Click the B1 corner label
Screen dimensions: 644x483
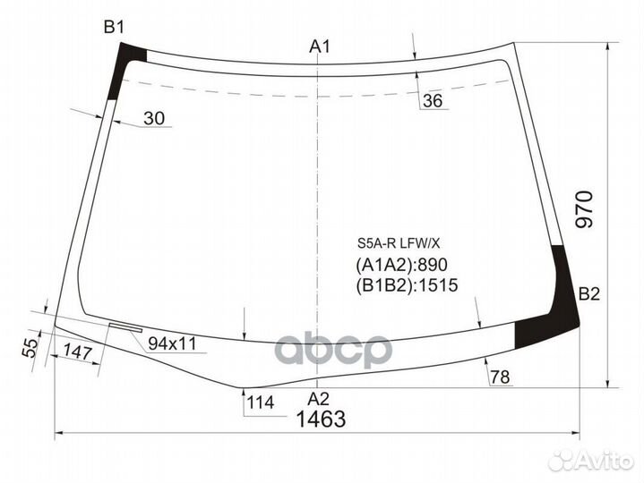[x=114, y=28]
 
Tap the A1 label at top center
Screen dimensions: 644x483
[x=320, y=47]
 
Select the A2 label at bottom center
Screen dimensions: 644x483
[x=319, y=399]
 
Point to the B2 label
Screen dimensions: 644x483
[x=589, y=294]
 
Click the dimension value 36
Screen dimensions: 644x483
[x=433, y=100]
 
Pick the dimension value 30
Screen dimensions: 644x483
[x=154, y=118]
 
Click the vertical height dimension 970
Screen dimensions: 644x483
[x=585, y=209]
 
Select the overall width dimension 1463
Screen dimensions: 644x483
[x=321, y=419]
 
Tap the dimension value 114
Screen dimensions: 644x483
[x=260, y=402]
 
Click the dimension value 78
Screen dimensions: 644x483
[x=501, y=377]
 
